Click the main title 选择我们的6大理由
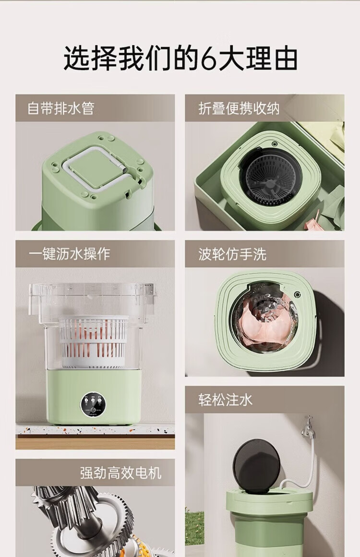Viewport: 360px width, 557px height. click(x=180, y=58)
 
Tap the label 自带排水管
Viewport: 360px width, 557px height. click(x=61, y=108)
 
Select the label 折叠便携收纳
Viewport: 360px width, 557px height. click(x=239, y=108)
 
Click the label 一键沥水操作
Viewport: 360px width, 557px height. click(x=69, y=254)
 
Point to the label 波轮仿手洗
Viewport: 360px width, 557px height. click(x=232, y=254)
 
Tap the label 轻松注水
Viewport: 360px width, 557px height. click(x=225, y=400)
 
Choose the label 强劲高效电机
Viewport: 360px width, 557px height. click(x=121, y=473)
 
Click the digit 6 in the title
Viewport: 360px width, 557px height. click(x=209, y=59)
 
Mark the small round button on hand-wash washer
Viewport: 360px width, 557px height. click(x=297, y=295)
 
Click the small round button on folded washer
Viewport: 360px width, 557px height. click(x=274, y=144)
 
